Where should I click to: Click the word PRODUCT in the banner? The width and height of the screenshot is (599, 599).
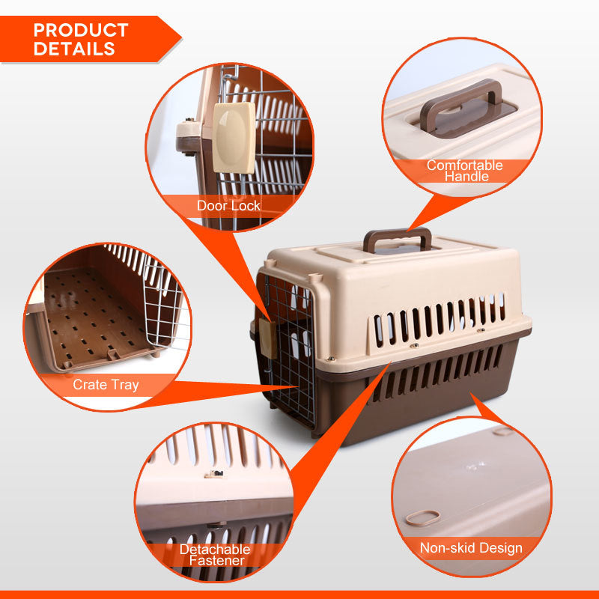[81, 31]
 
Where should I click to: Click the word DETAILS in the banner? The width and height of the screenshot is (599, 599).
[74, 49]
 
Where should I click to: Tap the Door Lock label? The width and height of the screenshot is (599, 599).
[228, 205]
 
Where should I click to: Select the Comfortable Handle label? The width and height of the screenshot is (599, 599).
[464, 171]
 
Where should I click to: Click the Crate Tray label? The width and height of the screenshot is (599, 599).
[106, 385]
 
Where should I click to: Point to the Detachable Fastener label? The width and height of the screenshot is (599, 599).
[216, 554]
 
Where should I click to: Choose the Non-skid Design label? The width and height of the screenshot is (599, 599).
[471, 548]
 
